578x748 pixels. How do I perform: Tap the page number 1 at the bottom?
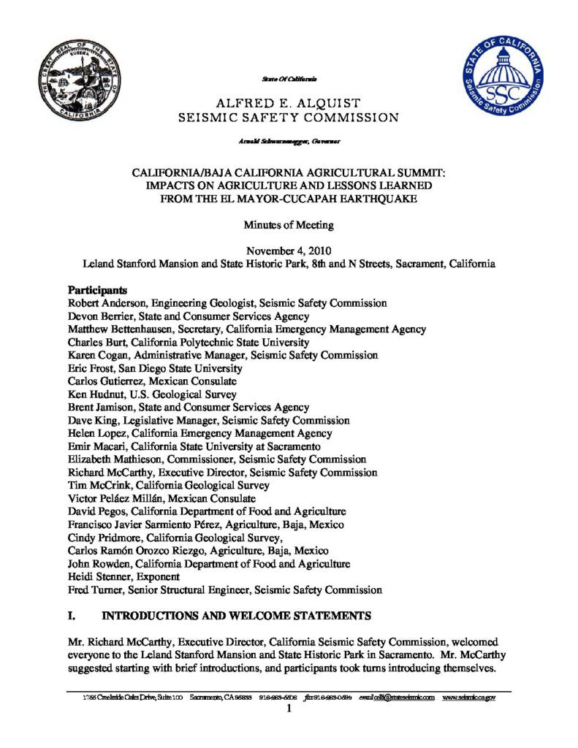coord(289,709)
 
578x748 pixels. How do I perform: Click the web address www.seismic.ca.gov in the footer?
coord(469,698)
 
